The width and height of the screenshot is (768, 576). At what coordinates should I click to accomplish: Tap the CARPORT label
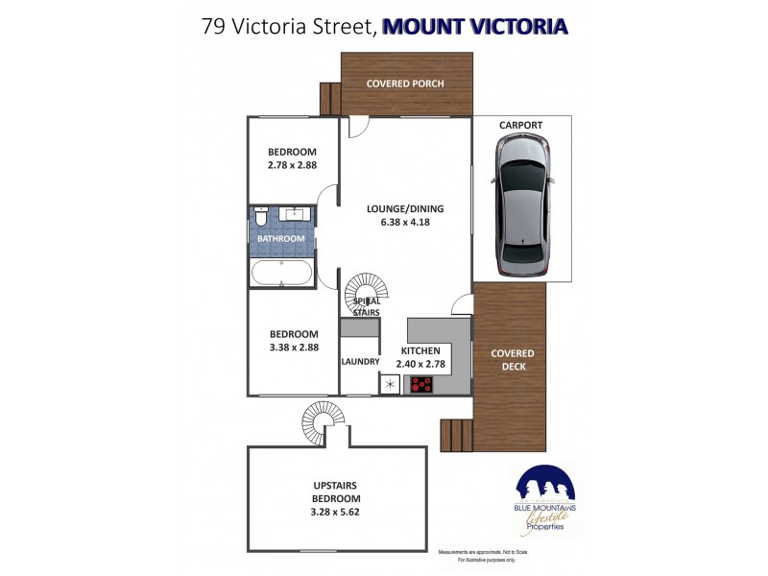[520, 126]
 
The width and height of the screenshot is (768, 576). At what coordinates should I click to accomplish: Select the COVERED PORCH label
[405, 84]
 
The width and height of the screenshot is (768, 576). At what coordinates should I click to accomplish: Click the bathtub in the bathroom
[281, 273]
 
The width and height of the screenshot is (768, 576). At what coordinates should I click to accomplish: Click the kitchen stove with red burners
[421, 385]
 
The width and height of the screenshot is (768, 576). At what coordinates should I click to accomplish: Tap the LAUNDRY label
[360, 362]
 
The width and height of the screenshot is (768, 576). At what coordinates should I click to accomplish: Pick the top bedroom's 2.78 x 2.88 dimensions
[292, 165]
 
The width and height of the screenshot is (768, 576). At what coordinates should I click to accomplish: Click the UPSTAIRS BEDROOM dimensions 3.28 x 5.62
[335, 512]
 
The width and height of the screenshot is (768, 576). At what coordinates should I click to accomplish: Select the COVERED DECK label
[512, 360]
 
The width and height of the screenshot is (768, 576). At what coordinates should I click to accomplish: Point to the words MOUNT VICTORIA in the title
[474, 26]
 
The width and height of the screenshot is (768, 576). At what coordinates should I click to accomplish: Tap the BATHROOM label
[280, 239]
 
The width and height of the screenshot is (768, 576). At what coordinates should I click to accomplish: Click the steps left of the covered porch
[330, 99]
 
